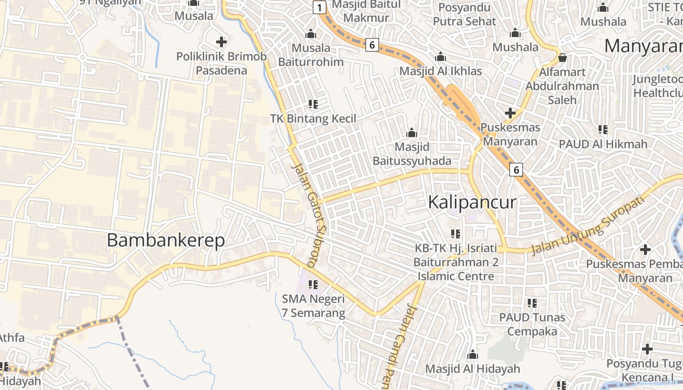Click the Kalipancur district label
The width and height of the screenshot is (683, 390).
[472, 202]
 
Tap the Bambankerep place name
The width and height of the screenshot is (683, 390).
[166, 240]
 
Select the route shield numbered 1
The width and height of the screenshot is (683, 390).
[319, 7]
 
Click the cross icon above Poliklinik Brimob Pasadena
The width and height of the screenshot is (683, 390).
[221, 42]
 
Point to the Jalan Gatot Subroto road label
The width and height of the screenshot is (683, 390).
[310, 215]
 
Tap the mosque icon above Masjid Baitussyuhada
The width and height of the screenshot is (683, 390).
[412, 133]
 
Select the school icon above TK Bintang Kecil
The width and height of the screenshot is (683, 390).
[313, 104]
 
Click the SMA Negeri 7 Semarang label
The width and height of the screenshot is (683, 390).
[313, 306]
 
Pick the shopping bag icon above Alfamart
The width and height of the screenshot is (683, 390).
[562, 58]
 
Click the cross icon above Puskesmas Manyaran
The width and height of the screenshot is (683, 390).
[510, 113]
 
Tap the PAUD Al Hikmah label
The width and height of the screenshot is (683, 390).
[603, 144]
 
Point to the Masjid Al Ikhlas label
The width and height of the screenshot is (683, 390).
[441, 71]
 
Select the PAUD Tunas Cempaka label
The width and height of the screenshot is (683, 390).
[532, 324]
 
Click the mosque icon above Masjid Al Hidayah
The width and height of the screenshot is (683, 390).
[472, 354]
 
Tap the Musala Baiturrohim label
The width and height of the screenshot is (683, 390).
[311, 55]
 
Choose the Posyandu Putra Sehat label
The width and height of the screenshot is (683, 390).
[464, 15]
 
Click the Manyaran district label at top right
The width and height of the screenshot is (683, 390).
[643, 46]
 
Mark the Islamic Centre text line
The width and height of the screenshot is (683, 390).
[456, 276]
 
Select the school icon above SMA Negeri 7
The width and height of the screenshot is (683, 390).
[313, 284]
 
